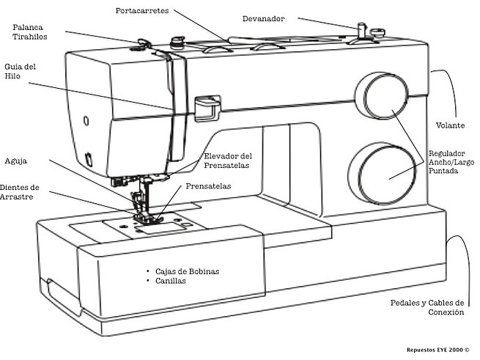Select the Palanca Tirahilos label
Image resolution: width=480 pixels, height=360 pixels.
[33, 32]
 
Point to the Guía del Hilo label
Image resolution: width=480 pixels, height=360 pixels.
[20, 72]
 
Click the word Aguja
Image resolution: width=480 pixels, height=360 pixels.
[17, 161]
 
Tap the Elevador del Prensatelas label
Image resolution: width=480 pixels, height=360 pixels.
[228, 161]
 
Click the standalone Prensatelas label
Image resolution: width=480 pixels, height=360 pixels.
[208, 186]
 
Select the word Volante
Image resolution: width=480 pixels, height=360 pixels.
[450, 125]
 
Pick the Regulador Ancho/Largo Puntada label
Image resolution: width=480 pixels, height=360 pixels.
[454, 162]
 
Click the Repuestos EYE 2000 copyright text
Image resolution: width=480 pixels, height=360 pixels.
[437, 350]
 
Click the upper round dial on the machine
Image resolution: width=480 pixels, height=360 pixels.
[382, 98]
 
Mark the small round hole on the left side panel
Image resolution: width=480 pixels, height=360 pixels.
[86, 119]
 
